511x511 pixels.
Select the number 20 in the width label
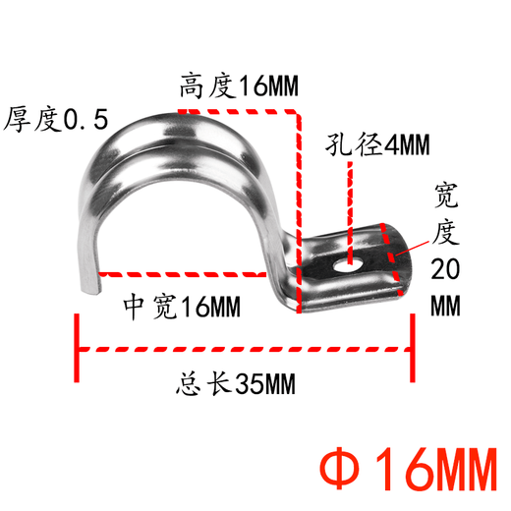click(x=448, y=268)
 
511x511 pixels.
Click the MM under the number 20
click(x=448, y=305)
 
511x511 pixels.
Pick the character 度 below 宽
click(x=448, y=234)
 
